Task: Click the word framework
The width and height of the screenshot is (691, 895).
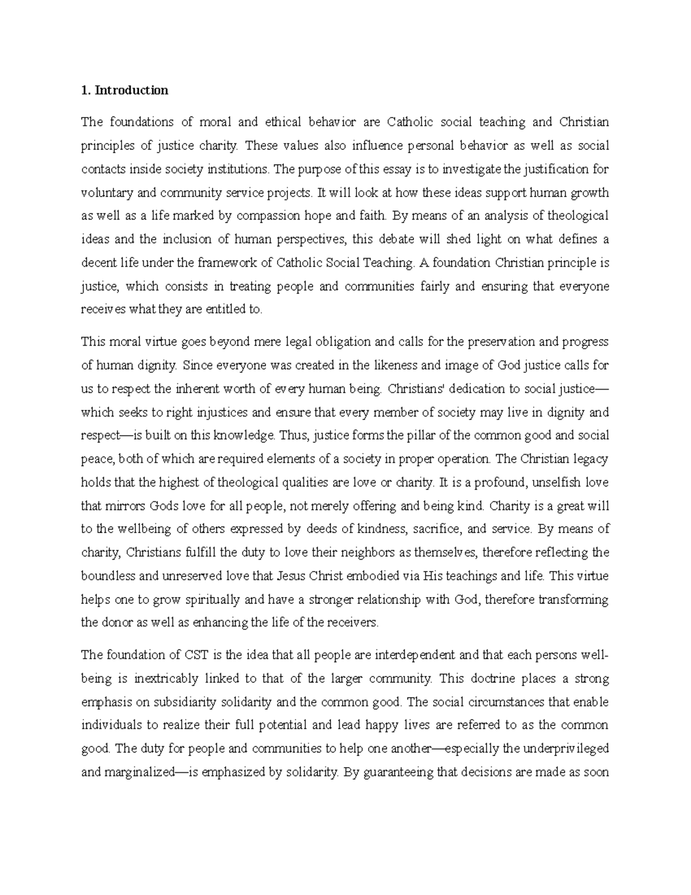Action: tap(222, 263)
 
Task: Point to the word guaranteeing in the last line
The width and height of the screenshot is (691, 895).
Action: tap(396, 772)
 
